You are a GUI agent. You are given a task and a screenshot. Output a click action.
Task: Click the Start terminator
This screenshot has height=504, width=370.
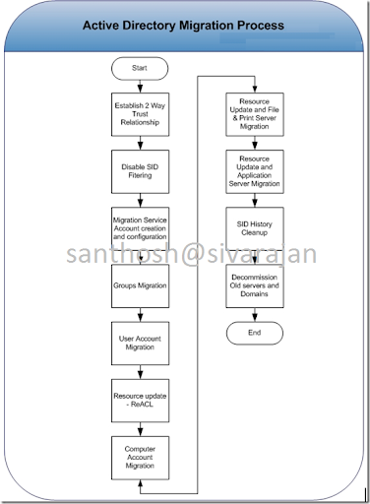(x=140, y=68)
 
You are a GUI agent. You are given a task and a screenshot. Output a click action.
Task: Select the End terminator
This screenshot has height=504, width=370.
(x=255, y=334)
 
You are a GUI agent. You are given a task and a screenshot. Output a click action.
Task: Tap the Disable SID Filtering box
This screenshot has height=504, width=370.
(x=140, y=169)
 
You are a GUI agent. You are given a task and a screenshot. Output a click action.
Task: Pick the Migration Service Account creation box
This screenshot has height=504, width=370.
(x=140, y=228)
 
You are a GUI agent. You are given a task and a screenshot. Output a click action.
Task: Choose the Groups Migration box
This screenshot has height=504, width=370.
(x=140, y=286)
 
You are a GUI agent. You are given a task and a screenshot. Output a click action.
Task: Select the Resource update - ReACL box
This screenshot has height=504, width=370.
(x=140, y=402)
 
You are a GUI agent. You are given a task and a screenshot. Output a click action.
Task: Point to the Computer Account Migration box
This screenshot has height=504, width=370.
(x=140, y=459)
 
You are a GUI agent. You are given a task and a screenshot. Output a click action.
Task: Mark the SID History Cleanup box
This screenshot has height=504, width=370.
(x=255, y=228)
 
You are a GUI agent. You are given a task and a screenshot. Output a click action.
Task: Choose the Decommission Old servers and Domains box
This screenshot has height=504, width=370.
(x=255, y=286)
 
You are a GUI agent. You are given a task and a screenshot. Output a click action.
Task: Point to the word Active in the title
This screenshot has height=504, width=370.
(x=107, y=24)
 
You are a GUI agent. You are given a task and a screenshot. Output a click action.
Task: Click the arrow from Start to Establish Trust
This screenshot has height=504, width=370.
(x=140, y=85)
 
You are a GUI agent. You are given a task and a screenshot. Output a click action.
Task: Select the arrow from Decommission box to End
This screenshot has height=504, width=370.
(x=255, y=315)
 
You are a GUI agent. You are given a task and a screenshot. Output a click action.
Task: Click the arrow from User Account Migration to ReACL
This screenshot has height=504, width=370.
(x=140, y=373)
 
